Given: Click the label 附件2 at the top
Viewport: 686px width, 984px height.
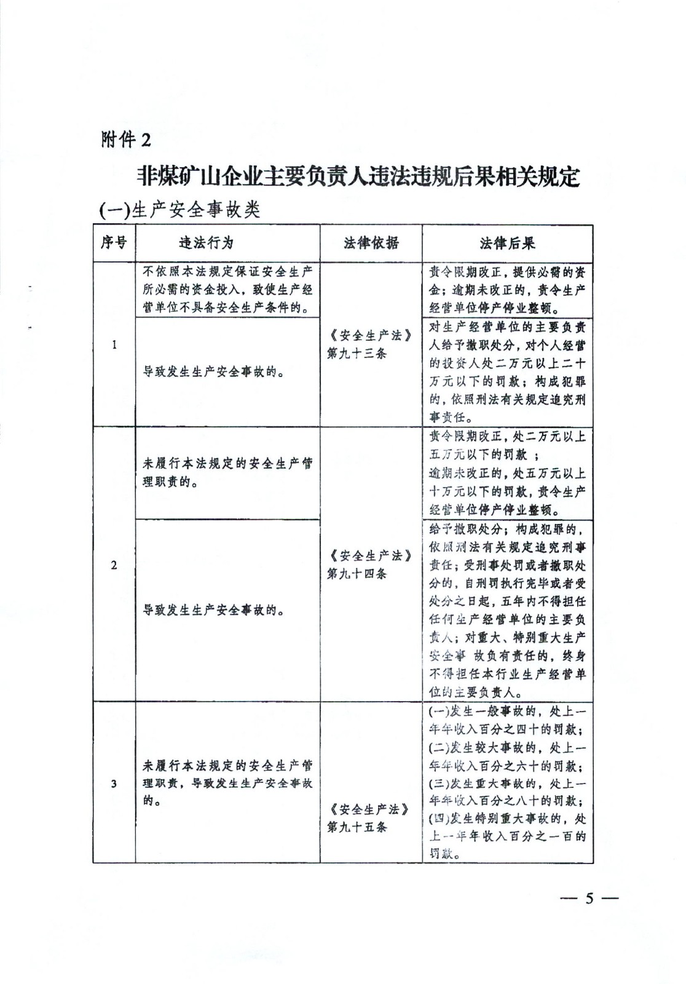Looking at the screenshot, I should [125, 140].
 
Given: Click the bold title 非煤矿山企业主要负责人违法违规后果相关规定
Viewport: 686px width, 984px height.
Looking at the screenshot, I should [358, 177].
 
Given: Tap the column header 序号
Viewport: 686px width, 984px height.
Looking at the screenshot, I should [114, 242].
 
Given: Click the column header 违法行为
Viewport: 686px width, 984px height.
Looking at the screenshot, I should [206, 242].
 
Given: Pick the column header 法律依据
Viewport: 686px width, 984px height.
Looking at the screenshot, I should [371, 242].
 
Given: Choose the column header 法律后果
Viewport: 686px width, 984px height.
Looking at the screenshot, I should [507, 242].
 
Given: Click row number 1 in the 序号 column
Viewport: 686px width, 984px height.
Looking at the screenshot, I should [114, 344].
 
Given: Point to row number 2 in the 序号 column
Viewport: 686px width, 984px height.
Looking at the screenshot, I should [114, 565].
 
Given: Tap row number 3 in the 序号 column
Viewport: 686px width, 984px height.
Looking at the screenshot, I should [114, 783].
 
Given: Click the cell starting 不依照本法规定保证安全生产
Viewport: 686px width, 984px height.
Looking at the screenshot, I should [227, 289].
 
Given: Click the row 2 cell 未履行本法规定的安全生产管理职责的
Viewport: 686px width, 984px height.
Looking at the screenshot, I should [227, 472].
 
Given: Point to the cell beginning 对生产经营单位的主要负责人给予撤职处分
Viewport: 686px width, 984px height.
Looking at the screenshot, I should [507, 371].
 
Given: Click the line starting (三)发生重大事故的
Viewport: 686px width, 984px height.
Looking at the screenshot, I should [507, 784].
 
